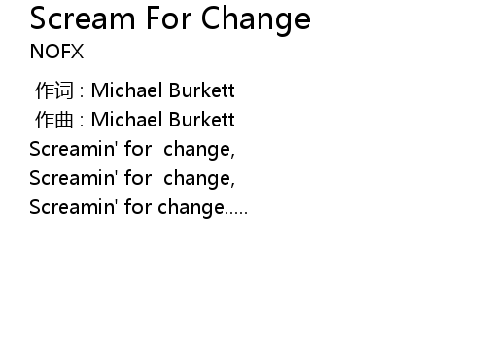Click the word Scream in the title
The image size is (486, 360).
click(x=83, y=18)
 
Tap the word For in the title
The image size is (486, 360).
click(x=168, y=18)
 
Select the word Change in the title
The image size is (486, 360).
click(x=256, y=21)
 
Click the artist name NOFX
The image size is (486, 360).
click(x=56, y=52)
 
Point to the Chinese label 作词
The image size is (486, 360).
click(x=54, y=90)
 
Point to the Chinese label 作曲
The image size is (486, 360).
click(x=54, y=120)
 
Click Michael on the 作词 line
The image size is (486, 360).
click(x=127, y=90)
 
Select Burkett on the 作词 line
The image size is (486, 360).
click(x=202, y=90)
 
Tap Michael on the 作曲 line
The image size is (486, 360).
click(x=127, y=120)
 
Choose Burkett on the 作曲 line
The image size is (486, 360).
click(x=202, y=120)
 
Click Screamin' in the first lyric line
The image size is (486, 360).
click(x=73, y=149)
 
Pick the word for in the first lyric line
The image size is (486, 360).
click(x=138, y=149)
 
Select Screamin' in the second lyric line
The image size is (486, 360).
click(x=73, y=178)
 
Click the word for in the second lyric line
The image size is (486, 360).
click(x=138, y=178)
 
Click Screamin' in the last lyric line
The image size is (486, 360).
click(x=73, y=207)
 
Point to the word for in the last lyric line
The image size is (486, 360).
click(x=138, y=207)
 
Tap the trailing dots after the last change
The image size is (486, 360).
click(x=236, y=213)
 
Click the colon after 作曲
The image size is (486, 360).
click(x=82, y=121)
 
